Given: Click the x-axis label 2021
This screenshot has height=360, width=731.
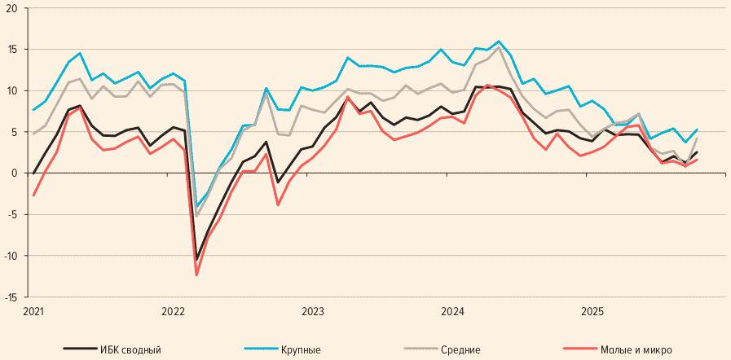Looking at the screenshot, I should (33, 311).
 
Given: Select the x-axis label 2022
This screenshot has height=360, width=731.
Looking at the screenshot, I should (174, 311).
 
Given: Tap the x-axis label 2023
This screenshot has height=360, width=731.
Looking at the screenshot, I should (313, 311).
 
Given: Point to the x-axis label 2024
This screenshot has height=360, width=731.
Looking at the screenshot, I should (452, 311).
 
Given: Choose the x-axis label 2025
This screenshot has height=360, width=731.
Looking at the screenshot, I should (592, 311).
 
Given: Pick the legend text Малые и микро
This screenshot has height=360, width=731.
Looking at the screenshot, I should (637, 349).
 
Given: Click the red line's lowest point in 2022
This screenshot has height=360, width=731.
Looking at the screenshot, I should (196, 275).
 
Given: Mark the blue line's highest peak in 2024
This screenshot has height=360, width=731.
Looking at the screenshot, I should (499, 41).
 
